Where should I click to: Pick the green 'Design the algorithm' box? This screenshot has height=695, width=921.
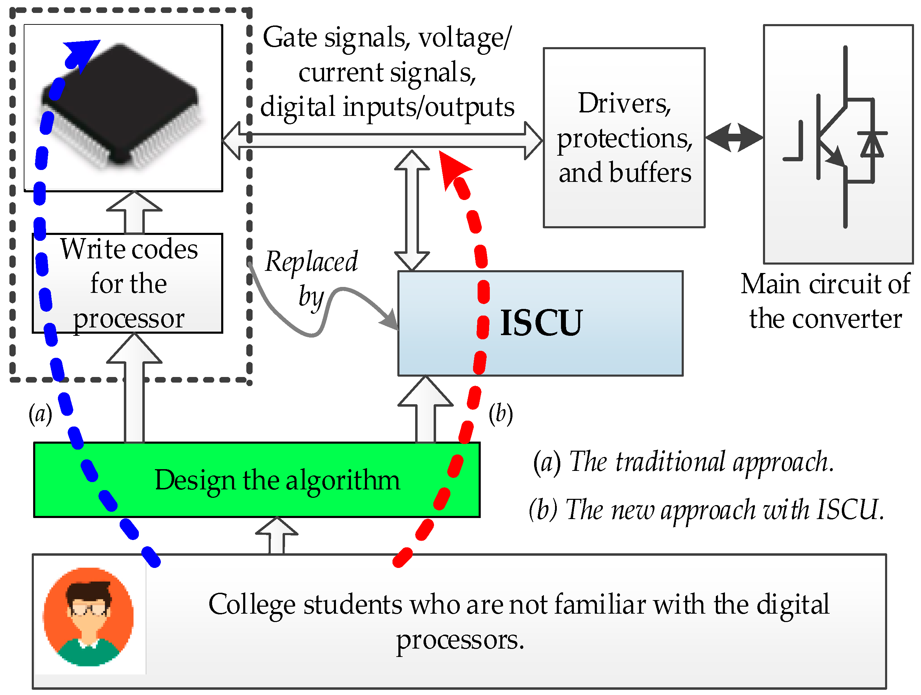click(x=257, y=480)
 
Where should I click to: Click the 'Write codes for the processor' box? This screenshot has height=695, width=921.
click(x=127, y=283)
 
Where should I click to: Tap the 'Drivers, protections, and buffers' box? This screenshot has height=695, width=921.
click(x=624, y=138)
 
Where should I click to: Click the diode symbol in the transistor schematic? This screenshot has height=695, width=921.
click(x=872, y=144)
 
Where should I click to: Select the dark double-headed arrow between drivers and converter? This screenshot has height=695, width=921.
click(x=734, y=138)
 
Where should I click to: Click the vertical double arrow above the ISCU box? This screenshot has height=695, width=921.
click(x=412, y=210)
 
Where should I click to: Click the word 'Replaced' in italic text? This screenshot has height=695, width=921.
click(x=312, y=262)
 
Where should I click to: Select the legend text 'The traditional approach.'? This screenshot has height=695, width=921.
click(x=702, y=463)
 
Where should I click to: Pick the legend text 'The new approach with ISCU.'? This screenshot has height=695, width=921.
click(x=725, y=510)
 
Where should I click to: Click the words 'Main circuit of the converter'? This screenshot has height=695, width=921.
click(x=825, y=301)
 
